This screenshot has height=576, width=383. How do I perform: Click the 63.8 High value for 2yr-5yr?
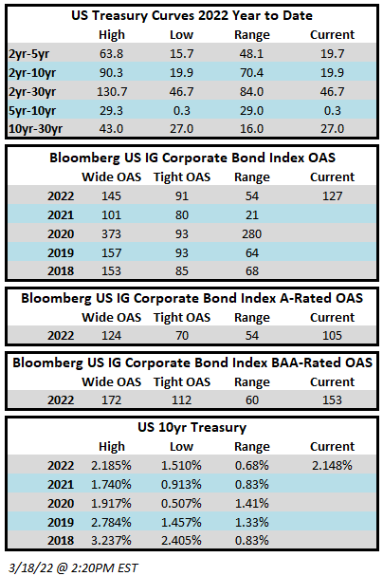click(111, 54)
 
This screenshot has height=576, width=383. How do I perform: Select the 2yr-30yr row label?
click(32, 91)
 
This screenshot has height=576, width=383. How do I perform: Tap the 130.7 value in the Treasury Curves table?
click(112, 91)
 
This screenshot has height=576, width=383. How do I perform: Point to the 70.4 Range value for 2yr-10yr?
click(251, 73)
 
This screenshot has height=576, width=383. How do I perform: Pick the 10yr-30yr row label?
click(35, 129)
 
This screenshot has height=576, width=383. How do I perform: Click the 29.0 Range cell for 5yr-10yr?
click(251, 111)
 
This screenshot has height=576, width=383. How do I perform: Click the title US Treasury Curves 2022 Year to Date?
click(191, 15)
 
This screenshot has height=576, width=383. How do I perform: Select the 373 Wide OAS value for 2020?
click(111, 234)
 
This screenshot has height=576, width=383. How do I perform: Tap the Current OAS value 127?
click(333, 196)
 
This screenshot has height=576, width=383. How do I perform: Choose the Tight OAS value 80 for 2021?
click(182, 214)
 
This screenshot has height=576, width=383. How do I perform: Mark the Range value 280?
click(251, 234)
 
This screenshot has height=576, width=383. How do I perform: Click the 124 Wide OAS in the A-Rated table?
click(111, 335)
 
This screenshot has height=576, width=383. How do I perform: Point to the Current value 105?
click(333, 335)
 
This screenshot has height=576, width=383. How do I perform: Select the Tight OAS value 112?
click(182, 400)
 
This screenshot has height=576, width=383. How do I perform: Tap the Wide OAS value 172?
click(111, 400)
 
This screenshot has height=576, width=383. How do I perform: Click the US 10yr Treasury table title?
click(191, 428)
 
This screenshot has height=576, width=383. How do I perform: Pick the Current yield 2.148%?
click(332, 466)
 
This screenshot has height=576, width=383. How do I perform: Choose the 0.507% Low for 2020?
click(181, 503)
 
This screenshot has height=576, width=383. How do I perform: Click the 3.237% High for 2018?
click(111, 541)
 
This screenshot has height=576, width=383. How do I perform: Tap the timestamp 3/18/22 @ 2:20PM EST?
click(73, 567)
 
